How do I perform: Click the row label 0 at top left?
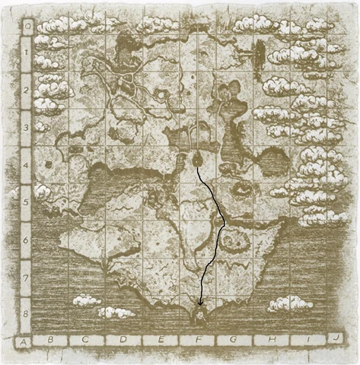point(27,24)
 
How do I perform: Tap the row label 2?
point(26,90)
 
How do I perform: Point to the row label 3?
point(26,127)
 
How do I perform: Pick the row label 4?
point(26,164)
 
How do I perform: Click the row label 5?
point(26,202)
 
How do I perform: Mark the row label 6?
point(26,239)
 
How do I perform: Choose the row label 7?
point(26,276)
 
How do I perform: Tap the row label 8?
point(26,312)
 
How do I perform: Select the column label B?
point(51,341)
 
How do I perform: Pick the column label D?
point(123,341)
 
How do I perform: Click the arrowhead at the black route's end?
point(199,306)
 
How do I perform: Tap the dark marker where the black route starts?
point(197,159)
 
